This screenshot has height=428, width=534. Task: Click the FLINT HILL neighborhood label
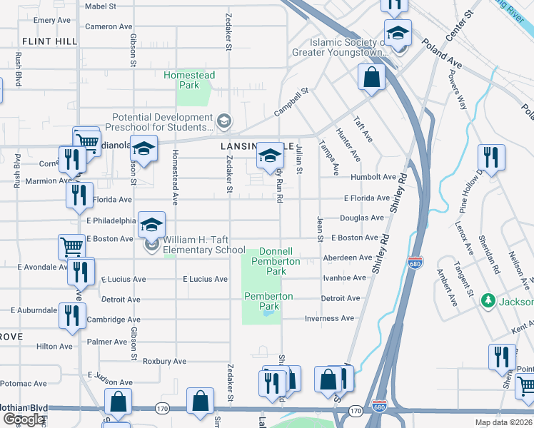click(49, 41)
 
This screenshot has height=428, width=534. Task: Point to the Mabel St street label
click(100, 6)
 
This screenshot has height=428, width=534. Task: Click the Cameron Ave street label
click(109, 26)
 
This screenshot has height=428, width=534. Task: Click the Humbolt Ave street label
click(373, 177)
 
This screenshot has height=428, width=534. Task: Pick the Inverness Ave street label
click(329, 318)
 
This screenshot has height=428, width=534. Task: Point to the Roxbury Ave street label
click(164, 361)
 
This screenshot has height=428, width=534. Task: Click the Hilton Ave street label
click(54, 347)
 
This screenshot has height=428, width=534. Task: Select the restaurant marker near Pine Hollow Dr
click(490, 157)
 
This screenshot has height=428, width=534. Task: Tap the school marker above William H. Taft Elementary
click(151, 224)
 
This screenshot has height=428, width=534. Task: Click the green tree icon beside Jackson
click(488, 300)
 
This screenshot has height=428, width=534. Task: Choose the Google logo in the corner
click(24, 420)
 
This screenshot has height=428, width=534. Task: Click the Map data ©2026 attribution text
click(503, 422)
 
